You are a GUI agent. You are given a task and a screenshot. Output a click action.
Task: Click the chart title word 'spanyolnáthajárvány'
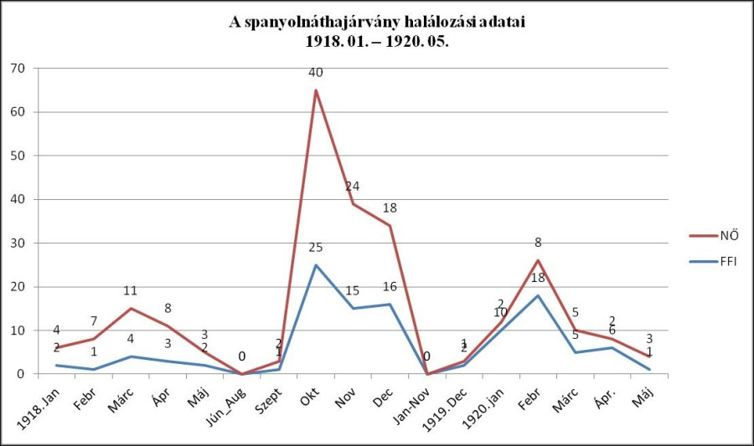pyautogui.click(x=316, y=23)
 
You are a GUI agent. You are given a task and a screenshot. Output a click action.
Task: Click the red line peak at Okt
pyautogui.click(x=316, y=90)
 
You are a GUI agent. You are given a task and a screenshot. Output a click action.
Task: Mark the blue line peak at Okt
pyautogui.click(x=316, y=265)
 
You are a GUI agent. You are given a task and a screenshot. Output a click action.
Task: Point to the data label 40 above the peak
pyautogui.click(x=316, y=72)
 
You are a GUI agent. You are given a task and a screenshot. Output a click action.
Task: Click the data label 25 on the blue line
pyautogui.click(x=316, y=248)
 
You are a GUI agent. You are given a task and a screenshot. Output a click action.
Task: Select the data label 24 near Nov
pyautogui.click(x=353, y=186)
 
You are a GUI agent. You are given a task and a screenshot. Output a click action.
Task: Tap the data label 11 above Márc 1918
pyautogui.click(x=131, y=291)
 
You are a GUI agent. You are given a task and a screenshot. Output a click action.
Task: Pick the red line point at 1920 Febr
pyautogui.click(x=538, y=260)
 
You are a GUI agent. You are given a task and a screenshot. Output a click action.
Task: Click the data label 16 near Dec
pyautogui.click(x=390, y=286)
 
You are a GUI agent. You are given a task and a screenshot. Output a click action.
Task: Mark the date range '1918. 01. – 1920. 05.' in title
pyautogui.click(x=376, y=40)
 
